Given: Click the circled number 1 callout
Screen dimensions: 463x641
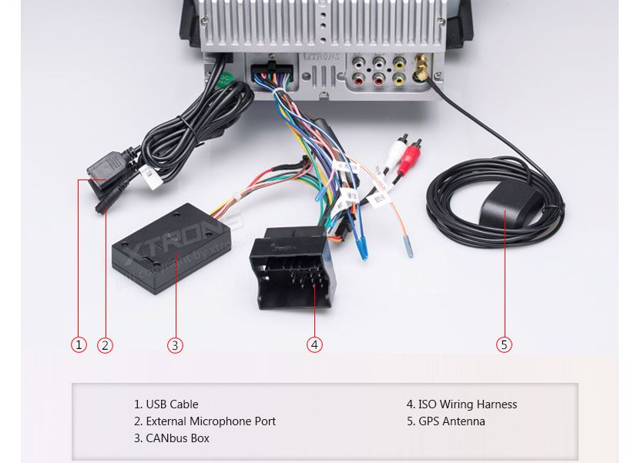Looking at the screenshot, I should [79, 344].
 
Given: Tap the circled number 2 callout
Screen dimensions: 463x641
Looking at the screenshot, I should [106, 345].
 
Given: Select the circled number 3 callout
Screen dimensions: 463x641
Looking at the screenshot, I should [175, 345].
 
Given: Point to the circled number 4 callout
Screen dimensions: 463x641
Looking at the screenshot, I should [314, 344].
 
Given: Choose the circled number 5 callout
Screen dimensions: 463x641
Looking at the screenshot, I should [504, 344].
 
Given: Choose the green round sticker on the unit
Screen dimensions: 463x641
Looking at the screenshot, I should [224, 79].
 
